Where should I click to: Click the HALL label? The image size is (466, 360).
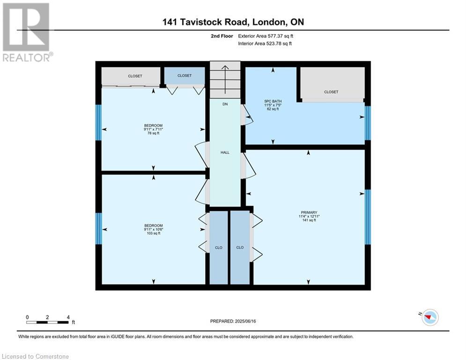click(225, 152)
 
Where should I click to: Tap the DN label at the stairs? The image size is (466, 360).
click(225, 104)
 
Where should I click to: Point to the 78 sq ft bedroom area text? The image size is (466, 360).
click(153, 133)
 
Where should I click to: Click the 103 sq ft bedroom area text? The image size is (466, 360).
click(153, 233)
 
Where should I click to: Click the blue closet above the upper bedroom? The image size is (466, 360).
click(184, 75)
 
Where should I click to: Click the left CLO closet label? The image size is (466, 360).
click(218, 247)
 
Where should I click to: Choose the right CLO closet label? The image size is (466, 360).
click(240, 247)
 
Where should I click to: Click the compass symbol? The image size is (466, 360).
click(429, 317)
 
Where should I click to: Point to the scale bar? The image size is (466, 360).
click(48, 322)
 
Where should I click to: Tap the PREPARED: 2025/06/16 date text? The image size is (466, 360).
click(233, 321)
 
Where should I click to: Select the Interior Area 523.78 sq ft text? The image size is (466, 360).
click(266, 44)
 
